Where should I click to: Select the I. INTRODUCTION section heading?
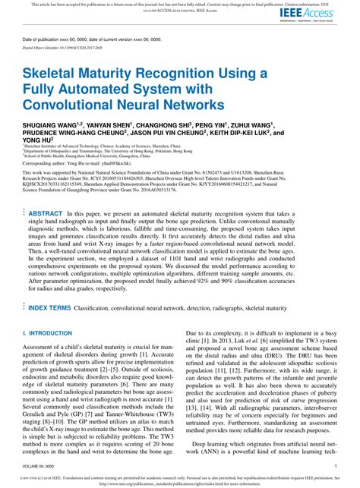pos(47,333)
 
